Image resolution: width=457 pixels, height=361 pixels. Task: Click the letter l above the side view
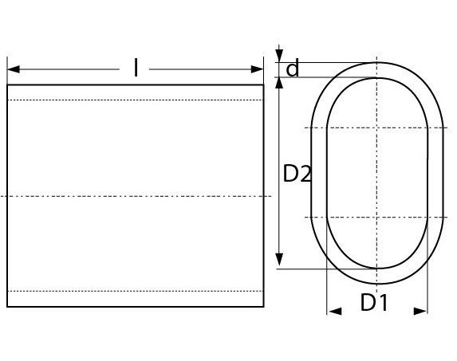coord(136,69)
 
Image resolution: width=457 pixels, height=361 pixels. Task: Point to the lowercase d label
coord(293,70)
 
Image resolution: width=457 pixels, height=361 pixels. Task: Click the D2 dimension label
coord(297,174)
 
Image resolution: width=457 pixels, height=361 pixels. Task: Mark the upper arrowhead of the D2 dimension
coord(279,84)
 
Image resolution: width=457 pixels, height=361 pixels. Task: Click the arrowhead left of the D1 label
coord(335,310)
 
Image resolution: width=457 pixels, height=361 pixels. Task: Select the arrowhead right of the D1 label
coord(420,310)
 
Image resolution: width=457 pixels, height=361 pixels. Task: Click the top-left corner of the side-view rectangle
coord(8,85)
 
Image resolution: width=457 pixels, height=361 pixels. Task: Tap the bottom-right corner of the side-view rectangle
coord(263,308)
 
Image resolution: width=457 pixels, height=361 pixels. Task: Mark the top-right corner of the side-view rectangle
coord(263,85)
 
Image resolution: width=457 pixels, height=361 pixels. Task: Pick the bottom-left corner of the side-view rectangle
coord(8,308)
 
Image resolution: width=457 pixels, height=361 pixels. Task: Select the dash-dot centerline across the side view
coord(136,196)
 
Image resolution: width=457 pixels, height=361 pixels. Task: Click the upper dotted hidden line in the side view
coord(136,100)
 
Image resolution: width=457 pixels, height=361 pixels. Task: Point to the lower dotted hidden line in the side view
coord(136,292)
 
